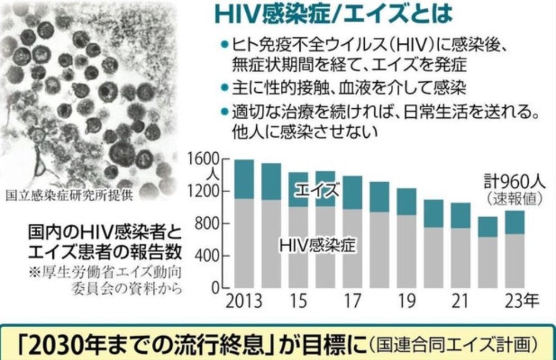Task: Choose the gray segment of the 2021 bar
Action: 460,258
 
